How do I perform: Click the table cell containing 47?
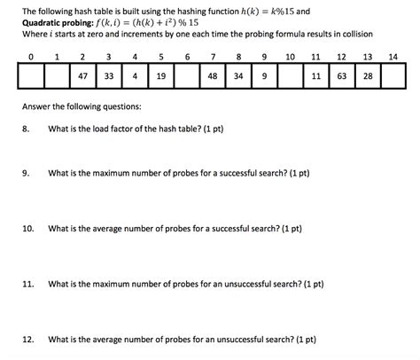82,77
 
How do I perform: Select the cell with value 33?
109,77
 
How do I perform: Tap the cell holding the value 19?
161,77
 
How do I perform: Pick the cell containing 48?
213,77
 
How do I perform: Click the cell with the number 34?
238,77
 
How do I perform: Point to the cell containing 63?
341,77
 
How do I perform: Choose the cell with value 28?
367,77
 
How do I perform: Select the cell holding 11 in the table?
316,77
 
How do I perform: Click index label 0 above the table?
31,58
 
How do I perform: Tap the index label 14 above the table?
393,58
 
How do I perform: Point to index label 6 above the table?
187,58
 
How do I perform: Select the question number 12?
27,340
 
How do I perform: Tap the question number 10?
27,228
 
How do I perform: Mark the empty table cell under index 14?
393,77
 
